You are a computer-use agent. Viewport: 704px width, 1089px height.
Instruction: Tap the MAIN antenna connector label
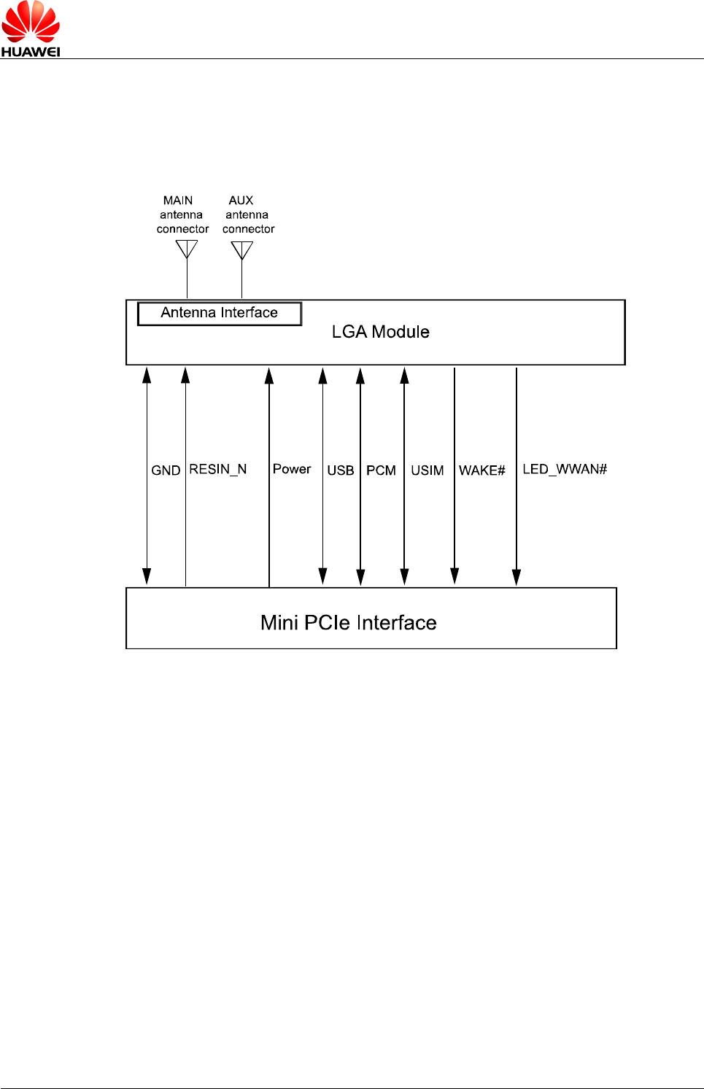(x=182, y=214)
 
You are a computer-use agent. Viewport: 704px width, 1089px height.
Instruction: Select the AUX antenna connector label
(x=248, y=214)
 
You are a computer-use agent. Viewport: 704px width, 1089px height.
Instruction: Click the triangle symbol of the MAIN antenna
(x=187, y=249)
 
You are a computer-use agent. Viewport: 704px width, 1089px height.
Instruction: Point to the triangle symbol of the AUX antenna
(x=241, y=249)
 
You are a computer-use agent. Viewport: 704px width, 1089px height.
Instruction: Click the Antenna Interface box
(x=220, y=313)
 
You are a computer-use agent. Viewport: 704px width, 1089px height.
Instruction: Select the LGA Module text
(x=380, y=332)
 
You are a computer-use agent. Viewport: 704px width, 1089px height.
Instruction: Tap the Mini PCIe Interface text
(x=349, y=622)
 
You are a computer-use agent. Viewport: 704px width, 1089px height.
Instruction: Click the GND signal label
(x=166, y=470)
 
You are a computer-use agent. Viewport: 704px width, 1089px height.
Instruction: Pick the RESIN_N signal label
(x=218, y=469)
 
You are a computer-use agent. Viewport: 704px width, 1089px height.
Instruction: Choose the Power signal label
(x=292, y=469)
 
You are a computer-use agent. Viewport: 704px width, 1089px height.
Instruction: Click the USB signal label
(x=341, y=470)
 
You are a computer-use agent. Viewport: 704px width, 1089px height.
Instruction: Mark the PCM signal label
(x=381, y=470)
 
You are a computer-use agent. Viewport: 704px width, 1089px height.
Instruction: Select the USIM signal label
(x=428, y=470)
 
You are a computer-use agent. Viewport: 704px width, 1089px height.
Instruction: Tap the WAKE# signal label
(x=482, y=470)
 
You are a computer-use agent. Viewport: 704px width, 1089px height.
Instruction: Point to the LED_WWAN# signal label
(x=565, y=469)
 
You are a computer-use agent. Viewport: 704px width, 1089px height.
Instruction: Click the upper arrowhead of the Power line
(x=269, y=376)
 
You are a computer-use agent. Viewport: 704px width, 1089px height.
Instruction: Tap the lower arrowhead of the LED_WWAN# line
(x=517, y=577)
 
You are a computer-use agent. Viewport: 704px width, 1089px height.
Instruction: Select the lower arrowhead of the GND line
(x=147, y=576)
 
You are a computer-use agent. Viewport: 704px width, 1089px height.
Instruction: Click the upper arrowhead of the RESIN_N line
(x=185, y=376)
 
